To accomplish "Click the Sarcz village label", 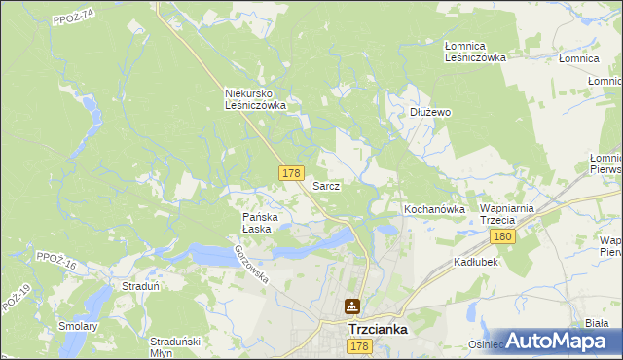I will click(x=325, y=185).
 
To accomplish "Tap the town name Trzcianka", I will click(x=378, y=330).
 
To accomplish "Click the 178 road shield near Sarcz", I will click(x=290, y=172).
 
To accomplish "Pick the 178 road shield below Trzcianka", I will click(x=360, y=347).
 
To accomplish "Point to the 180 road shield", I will click(x=502, y=236).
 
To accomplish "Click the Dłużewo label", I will click(x=429, y=112).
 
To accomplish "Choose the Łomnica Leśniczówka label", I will click(x=475, y=52).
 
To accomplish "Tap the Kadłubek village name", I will click(x=476, y=263).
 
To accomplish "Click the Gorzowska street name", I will click(x=250, y=264).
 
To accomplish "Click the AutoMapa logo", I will click(x=555, y=340).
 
